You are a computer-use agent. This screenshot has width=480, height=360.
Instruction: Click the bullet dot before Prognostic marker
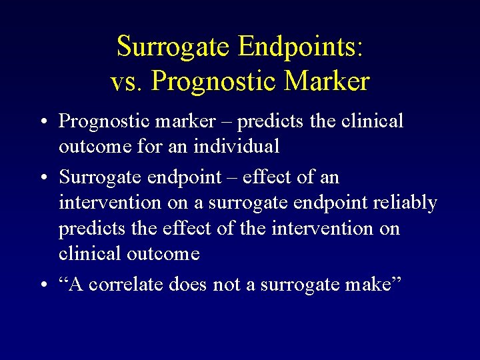[42, 123]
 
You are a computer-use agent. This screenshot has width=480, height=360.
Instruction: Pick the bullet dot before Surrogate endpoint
[42, 179]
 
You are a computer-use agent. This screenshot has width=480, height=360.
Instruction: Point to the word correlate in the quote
[127, 285]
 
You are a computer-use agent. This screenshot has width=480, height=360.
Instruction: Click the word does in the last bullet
[187, 285]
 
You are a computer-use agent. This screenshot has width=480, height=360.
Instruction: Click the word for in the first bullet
[141, 145]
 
